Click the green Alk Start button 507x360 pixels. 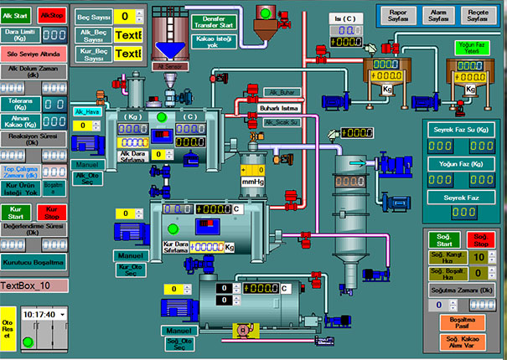pyautogui.click(x=18, y=15)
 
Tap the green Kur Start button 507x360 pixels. pyautogui.click(x=18, y=211)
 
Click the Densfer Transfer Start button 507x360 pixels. pyautogui.click(x=215, y=22)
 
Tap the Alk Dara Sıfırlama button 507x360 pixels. pyautogui.click(x=134, y=155)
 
